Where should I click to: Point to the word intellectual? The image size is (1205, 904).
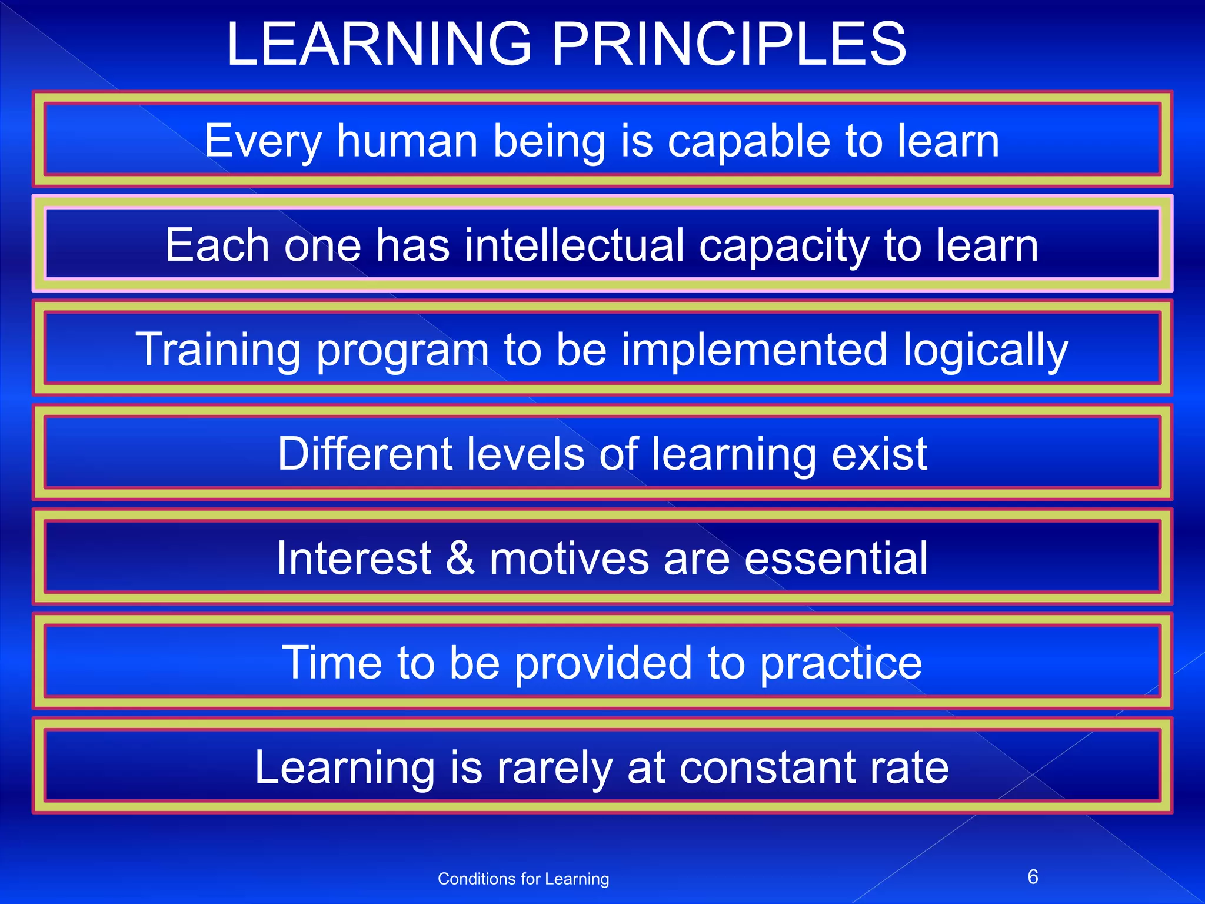[574, 245]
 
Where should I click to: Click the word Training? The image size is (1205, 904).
[218, 351]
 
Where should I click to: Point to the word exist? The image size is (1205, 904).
[879, 454]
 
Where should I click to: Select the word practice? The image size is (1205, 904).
[841, 664]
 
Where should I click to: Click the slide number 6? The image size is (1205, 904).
[1033, 877]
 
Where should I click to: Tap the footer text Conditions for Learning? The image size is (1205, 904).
[523, 879]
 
